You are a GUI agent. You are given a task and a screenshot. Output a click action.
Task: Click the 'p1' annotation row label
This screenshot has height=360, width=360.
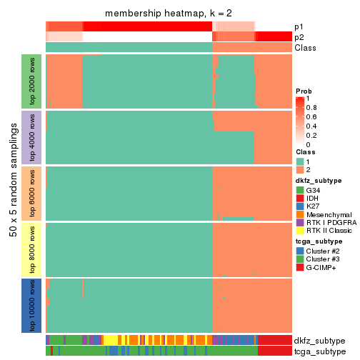coord(299,26)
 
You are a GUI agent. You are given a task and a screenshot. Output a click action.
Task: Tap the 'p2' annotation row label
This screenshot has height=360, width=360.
coord(299,37)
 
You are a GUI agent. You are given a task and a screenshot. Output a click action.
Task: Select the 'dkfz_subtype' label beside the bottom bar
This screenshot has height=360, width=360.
coord(319,341)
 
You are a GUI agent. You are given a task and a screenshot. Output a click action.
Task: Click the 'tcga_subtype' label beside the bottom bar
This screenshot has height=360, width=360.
coord(319,351)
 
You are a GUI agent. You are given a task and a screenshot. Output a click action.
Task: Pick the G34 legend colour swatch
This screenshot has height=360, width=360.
coord(300,190)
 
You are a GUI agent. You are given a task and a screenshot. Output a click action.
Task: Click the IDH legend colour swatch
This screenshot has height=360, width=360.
coord(300,199)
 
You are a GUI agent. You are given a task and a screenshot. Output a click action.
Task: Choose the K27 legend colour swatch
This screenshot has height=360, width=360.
coord(300,207)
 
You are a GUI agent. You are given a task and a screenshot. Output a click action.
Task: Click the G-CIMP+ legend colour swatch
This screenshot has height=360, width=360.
coord(300,268)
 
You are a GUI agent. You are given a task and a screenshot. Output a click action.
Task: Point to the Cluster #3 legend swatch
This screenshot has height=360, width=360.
coord(300,259)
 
